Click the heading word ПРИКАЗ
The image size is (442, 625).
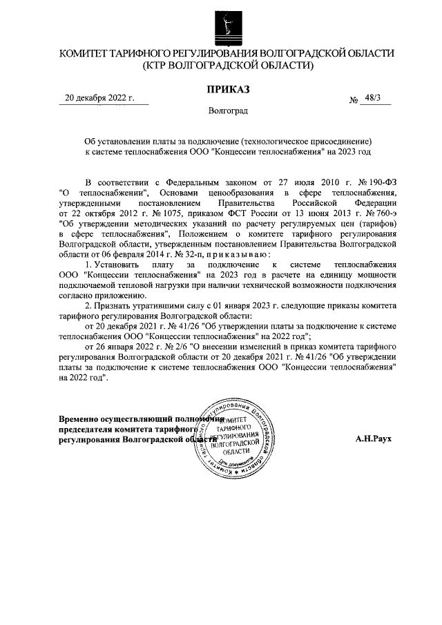[227, 88]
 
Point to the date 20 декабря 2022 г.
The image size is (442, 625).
[99, 98]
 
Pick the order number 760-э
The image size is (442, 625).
[381, 213]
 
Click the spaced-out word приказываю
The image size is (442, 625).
[241, 255]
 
